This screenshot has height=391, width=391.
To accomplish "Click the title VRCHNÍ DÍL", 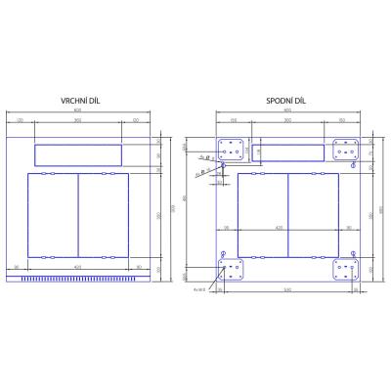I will pyautogui.click(x=78, y=101).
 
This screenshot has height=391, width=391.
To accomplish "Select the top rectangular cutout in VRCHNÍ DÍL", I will pyautogui.click(x=78, y=153).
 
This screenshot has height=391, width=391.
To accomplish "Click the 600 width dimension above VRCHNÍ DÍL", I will pyautogui.click(x=78, y=111).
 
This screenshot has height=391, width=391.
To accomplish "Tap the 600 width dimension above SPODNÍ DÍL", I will pyautogui.click(x=288, y=111).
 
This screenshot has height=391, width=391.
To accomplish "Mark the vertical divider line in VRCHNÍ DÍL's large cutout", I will pyautogui.click(x=78, y=214).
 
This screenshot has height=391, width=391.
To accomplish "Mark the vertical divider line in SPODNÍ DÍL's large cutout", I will pyautogui.click(x=288, y=215).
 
